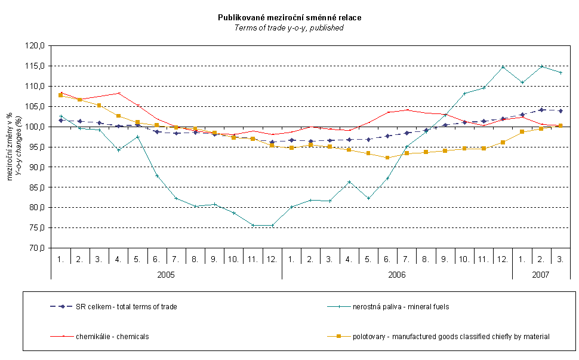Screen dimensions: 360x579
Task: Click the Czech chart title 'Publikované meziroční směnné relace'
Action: [289, 18]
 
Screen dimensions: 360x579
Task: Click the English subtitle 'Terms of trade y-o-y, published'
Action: [289, 27]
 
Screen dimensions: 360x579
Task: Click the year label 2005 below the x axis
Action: [166, 274]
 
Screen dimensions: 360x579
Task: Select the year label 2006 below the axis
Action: [397, 274]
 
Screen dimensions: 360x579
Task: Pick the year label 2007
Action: [541, 274]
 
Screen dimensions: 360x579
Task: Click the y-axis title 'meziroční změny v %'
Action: [11, 146]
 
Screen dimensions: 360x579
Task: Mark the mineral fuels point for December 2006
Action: [503, 67]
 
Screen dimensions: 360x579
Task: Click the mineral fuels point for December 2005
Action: [272, 225]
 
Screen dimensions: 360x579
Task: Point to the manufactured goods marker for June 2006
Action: [387, 158]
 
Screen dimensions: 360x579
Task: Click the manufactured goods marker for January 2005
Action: [61, 95]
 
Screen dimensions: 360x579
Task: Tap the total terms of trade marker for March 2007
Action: [560, 110]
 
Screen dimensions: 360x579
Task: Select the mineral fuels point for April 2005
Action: [118, 150]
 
